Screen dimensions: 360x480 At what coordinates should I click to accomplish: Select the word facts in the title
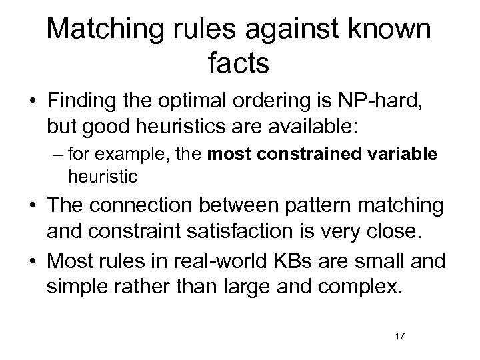pos(238,63)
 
